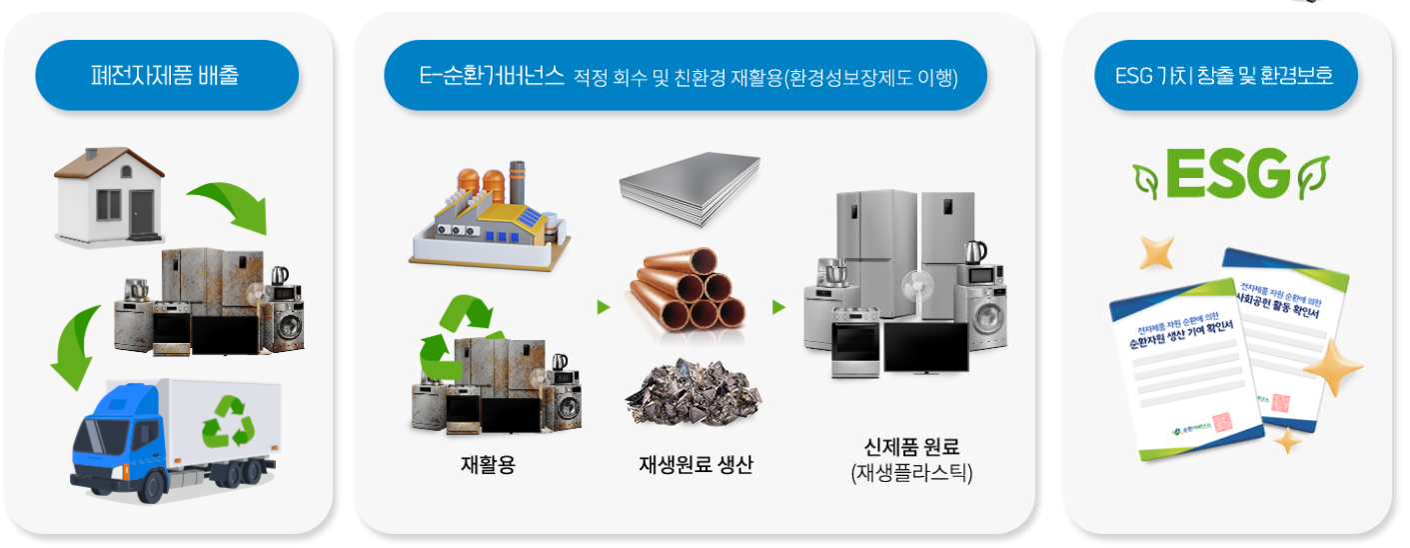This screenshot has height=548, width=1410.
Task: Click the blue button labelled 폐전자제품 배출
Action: pos(166,75)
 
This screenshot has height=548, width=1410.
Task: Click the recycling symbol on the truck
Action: pos(228,421)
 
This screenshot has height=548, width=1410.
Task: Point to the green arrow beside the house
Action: pos(231,203)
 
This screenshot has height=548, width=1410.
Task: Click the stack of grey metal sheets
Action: pos(689,187)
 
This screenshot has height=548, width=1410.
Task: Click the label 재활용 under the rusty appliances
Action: pos(488,464)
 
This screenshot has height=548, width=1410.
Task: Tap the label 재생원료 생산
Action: pos(696,464)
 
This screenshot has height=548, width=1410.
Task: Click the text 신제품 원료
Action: pos(910,446)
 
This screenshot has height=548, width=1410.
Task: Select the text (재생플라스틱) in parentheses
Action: pos(910,473)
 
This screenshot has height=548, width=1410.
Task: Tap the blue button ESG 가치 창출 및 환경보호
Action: pos(1225,75)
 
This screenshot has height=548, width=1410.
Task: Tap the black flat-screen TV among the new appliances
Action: pos(924,347)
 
